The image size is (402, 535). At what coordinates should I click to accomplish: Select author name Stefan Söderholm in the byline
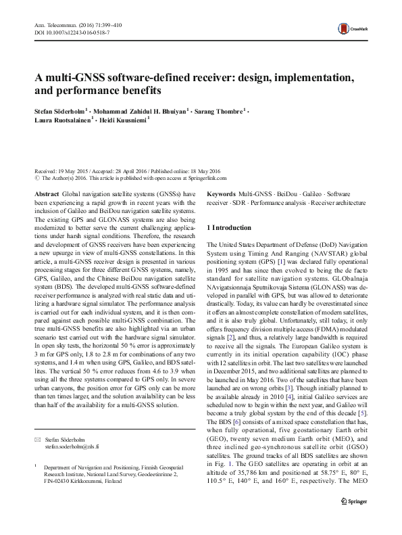(x=59, y=110)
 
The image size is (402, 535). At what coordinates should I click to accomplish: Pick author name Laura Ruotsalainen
(x=65, y=120)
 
